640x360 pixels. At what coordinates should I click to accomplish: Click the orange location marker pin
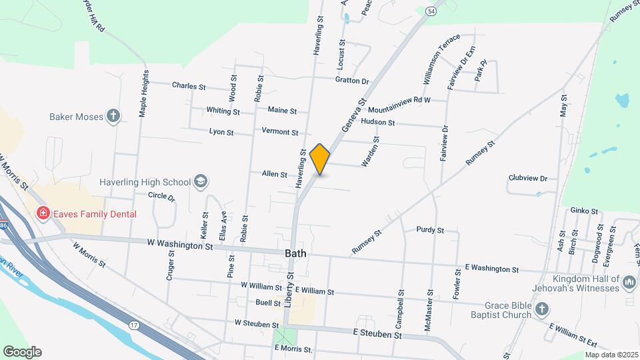click(x=320, y=159)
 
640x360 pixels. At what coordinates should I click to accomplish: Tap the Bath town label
click(x=295, y=253)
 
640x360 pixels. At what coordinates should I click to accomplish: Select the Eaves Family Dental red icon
click(x=43, y=213)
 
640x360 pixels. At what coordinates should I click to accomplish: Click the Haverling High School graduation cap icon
click(x=200, y=182)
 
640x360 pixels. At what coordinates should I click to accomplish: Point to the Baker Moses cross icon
click(x=113, y=117)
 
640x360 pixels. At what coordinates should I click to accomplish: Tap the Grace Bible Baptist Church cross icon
click(x=542, y=308)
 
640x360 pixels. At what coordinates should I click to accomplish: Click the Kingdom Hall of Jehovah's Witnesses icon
click(x=629, y=284)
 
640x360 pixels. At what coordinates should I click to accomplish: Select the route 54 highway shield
click(x=431, y=11)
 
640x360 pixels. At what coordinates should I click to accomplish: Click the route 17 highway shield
click(x=134, y=325)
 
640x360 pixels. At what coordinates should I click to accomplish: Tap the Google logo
click(x=22, y=352)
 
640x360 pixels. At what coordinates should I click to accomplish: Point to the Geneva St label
click(x=353, y=115)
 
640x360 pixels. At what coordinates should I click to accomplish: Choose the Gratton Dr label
click(x=352, y=81)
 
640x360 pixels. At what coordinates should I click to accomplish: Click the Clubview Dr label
click(x=527, y=178)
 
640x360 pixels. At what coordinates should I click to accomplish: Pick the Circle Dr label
click(x=161, y=197)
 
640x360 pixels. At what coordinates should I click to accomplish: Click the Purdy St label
click(x=430, y=230)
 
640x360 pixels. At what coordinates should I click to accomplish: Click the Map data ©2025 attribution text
click(x=611, y=355)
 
